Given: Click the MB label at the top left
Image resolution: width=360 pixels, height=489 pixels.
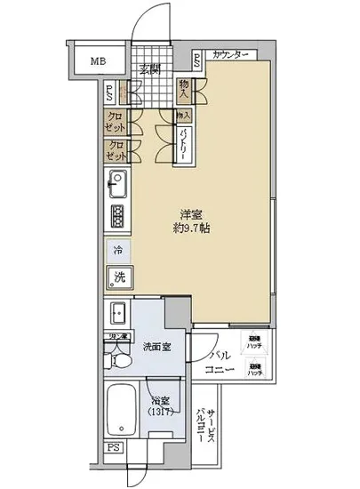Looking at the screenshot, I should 95,61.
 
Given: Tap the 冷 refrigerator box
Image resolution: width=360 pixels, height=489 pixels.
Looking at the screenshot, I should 118,252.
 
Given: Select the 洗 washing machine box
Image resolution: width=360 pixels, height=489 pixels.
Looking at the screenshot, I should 118,277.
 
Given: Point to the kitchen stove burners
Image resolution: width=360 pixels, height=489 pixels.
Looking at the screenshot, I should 118,216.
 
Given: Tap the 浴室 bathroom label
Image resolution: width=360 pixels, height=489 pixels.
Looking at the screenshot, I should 159,402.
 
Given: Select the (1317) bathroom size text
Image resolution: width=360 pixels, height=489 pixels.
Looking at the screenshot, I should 160,413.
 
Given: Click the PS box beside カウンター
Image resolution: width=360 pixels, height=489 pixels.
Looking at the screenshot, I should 197,60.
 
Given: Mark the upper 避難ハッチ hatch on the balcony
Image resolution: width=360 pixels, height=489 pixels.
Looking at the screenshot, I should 254,339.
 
